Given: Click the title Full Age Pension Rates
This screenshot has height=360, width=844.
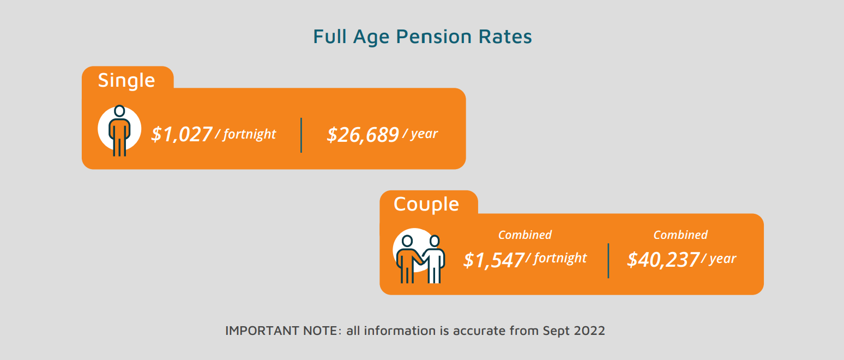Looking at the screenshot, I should click(x=422, y=37).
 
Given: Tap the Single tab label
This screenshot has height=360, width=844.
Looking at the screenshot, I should click(x=126, y=80).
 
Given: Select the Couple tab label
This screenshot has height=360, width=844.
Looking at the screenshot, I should click(x=426, y=204).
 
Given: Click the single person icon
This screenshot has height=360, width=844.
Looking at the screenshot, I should click(x=119, y=130).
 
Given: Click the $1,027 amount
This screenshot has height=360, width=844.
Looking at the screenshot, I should click(x=182, y=134).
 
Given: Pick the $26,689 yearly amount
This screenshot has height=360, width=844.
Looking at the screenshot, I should click(x=363, y=135).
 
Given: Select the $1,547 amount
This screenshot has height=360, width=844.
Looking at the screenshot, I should click(x=493, y=260).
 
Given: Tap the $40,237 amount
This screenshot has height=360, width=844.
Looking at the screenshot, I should click(x=662, y=260).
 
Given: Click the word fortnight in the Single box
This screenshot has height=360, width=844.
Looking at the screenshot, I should click(x=249, y=134).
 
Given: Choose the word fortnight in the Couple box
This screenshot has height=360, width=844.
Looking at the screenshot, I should click(x=560, y=258).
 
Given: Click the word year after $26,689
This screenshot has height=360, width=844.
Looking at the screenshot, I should click(x=424, y=134).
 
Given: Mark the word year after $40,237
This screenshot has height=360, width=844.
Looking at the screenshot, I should click(x=722, y=259).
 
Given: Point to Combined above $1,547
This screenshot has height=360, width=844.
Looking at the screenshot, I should click(x=525, y=235).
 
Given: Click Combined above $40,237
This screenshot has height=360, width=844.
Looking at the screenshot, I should click(x=680, y=235).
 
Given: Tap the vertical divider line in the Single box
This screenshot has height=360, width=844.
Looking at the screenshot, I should click(x=302, y=135).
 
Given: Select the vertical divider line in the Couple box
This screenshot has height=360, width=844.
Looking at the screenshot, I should click(x=608, y=261).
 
